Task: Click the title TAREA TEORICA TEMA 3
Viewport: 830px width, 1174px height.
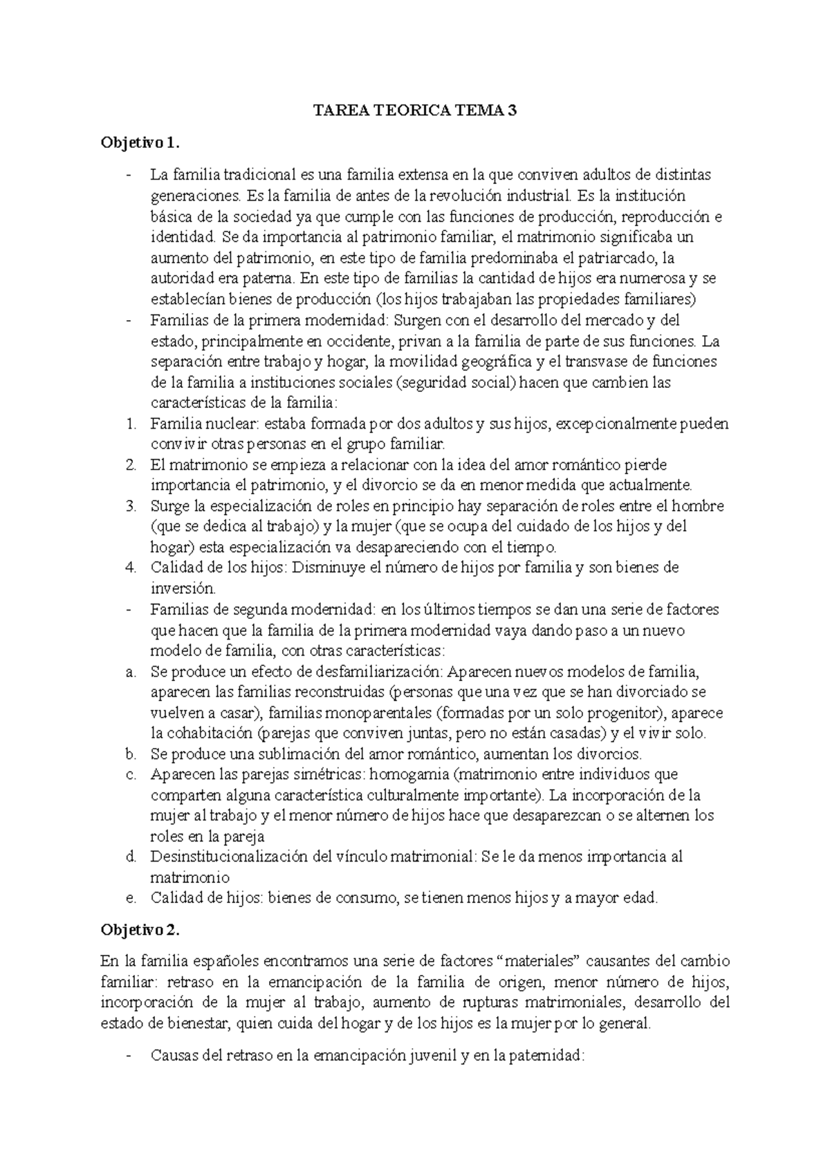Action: pyautogui.click(x=415, y=110)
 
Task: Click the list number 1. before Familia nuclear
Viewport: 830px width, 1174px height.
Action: pyautogui.click(x=131, y=424)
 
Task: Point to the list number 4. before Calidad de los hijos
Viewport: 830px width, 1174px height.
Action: pyautogui.click(x=131, y=568)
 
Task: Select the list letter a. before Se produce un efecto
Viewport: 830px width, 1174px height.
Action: pyautogui.click(x=130, y=671)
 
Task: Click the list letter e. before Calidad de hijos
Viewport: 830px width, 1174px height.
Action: pyautogui.click(x=130, y=898)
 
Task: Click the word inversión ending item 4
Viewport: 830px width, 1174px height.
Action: pyautogui.click(x=182, y=589)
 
